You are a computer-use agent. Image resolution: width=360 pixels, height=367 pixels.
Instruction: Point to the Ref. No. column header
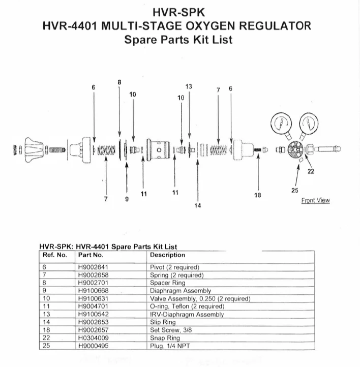click(x=54, y=255)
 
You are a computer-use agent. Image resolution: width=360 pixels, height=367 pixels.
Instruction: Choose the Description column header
click(x=167, y=255)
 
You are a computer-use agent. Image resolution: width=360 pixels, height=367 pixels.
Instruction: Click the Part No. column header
click(x=91, y=255)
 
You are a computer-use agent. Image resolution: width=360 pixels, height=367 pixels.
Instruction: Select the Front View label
click(x=315, y=200)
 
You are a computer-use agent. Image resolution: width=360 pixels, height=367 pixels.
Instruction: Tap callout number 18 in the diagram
click(x=257, y=195)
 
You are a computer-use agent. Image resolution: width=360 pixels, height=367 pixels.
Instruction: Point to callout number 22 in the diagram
click(x=311, y=171)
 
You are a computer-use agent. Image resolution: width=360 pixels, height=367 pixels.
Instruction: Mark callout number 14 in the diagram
click(x=198, y=206)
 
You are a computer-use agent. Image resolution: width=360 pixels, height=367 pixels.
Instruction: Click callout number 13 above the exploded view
click(x=189, y=87)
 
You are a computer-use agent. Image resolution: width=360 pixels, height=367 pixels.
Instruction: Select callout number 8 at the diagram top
click(x=119, y=82)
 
